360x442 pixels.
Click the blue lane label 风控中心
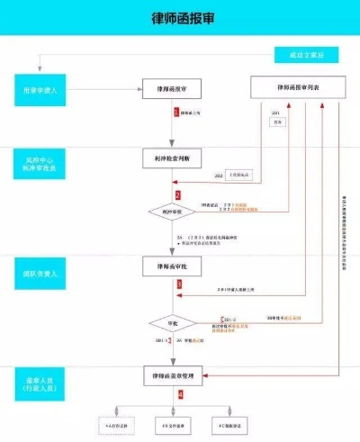pyautogui.click(x=40, y=165)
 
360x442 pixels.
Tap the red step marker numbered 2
pyautogui.click(x=178, y=194)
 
